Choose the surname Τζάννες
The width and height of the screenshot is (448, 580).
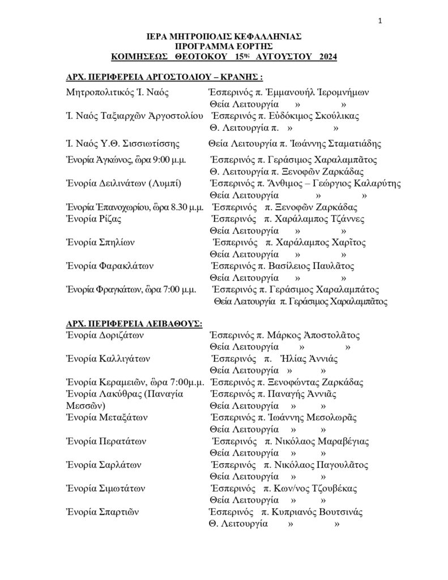click(344, 219)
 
